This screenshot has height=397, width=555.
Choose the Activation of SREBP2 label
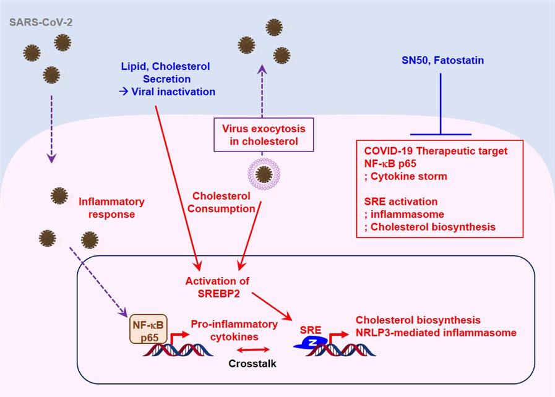[x=217, y=287]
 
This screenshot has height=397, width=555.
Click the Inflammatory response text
[x=111, y=208]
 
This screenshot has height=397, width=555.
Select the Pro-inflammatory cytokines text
[x=225, y=329]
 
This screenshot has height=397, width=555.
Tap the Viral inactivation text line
[x=171, y=92]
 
